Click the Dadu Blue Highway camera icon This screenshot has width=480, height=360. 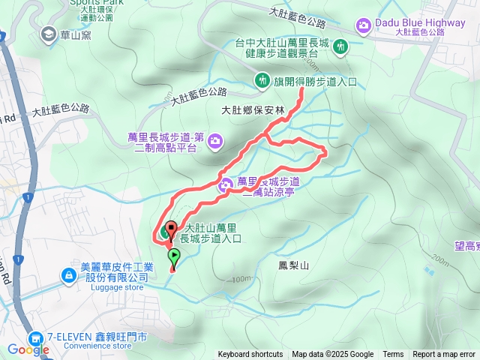point(364,26)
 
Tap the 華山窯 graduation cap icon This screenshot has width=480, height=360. point(49,33)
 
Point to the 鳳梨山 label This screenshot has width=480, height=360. point(293,265)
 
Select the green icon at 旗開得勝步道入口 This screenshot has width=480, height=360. point(262,79)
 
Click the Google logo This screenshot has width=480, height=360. point(28,349)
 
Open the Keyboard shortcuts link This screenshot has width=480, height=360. point(250,355)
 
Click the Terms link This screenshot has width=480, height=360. point(393,355)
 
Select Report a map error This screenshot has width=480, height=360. point(444,355)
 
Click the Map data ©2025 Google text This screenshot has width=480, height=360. point(333,355)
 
